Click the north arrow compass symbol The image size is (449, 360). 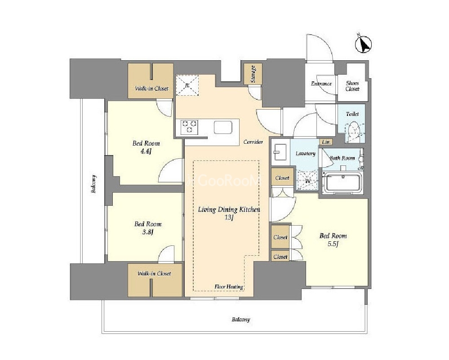tap(364, 44)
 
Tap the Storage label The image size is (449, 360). tap(253, 74)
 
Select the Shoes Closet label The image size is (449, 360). tap(352, 86)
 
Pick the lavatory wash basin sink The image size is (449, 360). tap(280, 152)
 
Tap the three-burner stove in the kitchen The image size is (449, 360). tap(189, 127)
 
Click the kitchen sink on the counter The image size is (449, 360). tap(223, 127)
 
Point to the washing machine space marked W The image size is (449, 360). tap(307, 180)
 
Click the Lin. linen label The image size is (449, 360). tap(326, 142)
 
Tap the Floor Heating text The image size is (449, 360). tap(229, 287)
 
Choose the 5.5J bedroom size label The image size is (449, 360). tap(333, 244)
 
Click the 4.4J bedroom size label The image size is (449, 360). tap(146, 151)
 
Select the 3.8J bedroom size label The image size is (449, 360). tap(148, 232)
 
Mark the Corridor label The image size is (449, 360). tap(253, 142)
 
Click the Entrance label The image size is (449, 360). tap(321, 84)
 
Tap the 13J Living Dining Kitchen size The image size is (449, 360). tap(229, 218)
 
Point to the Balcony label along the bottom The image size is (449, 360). tap(241, 320)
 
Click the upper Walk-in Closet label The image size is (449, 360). tap(152, 89)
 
